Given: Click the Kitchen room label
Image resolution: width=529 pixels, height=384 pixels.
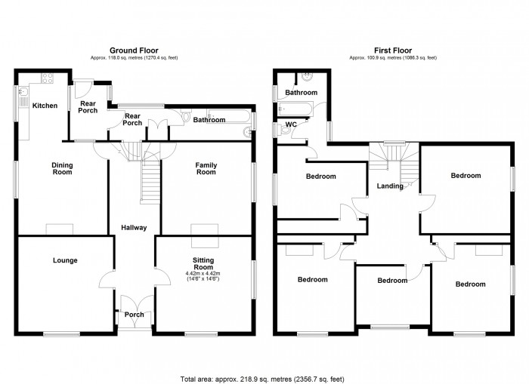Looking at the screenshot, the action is tap(45, 106).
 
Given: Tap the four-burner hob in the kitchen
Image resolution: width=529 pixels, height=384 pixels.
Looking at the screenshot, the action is tap(47, 78).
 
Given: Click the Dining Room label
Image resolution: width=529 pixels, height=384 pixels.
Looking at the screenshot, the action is tap(62, 168).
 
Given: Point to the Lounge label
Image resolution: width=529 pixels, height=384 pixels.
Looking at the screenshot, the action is tap(65, 260).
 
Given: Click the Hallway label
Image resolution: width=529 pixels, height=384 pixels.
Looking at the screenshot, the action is tap(134, 228).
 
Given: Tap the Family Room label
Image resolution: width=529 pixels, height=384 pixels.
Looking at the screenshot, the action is tap(206, 168).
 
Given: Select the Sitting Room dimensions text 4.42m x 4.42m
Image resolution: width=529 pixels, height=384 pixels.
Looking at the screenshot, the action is tap(203, 274).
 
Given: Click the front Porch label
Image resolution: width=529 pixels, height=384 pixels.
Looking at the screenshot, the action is tap(135, 315).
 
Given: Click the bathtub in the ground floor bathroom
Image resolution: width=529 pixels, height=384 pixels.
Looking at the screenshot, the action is tap(229, 116).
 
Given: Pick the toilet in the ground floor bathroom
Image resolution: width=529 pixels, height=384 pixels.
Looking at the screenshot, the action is tap(186, 115).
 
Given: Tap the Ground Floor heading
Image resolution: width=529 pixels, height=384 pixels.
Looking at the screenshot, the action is tap(134, 51).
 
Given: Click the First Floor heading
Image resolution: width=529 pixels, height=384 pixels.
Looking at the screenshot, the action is tap(393, 51).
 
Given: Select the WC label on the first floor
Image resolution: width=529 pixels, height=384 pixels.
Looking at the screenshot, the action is tap(291, 124).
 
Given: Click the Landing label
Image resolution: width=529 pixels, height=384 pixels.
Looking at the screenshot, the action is tap(390, 186).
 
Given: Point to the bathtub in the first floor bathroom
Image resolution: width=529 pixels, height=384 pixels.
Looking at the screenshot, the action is tap(296, 109).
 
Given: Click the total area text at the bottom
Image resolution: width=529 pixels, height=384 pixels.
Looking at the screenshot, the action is tap(262, 379).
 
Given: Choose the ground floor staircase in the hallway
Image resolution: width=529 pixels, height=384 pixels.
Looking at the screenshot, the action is tap(150, 182).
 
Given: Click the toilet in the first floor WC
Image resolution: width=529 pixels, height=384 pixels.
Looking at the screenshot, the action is tap(282, 129).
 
